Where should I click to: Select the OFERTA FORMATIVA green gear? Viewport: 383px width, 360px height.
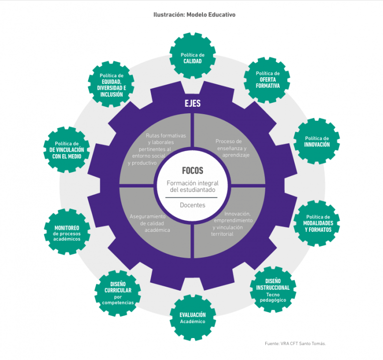click(x=268, y=79)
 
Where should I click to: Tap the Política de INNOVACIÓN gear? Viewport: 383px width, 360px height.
click(x=317, y=142)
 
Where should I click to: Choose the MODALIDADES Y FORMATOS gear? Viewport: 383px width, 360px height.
click(x=317, y=223)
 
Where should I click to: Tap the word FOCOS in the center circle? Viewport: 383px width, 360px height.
click(x=192, y=171)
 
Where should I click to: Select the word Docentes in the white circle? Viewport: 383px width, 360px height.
click(x=192, y=205)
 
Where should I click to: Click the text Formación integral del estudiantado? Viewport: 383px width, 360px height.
click(x=192, y=186)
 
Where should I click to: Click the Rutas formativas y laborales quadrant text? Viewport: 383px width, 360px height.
click(x=151, y=149)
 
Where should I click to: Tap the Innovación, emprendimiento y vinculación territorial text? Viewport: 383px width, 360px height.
click(x=232, y=223)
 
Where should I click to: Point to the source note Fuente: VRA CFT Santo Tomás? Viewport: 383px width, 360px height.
click(x=298, y=343)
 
